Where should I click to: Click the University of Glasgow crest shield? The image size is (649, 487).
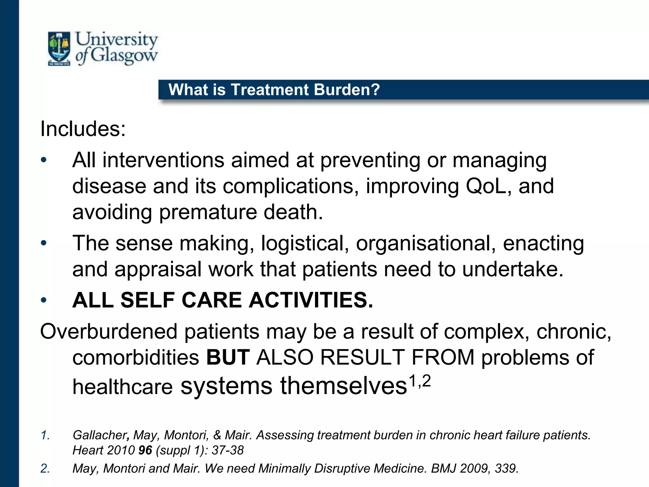[x=59, y=48]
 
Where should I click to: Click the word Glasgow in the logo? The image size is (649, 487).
[x=124, y=55]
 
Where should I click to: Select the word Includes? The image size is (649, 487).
[x=83, y=129]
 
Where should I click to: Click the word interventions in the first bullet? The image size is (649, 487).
[x=163, y=160]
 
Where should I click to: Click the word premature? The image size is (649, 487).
[x=208, y=212]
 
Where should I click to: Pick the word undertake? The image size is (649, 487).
[x=513, y=269]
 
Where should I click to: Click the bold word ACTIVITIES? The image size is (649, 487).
[x=311, y=300]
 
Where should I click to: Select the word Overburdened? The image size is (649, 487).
[x=109, y=332]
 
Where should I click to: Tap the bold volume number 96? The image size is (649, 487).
[x=145, y=450]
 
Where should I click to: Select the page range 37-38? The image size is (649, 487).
[x=228, y=450]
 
